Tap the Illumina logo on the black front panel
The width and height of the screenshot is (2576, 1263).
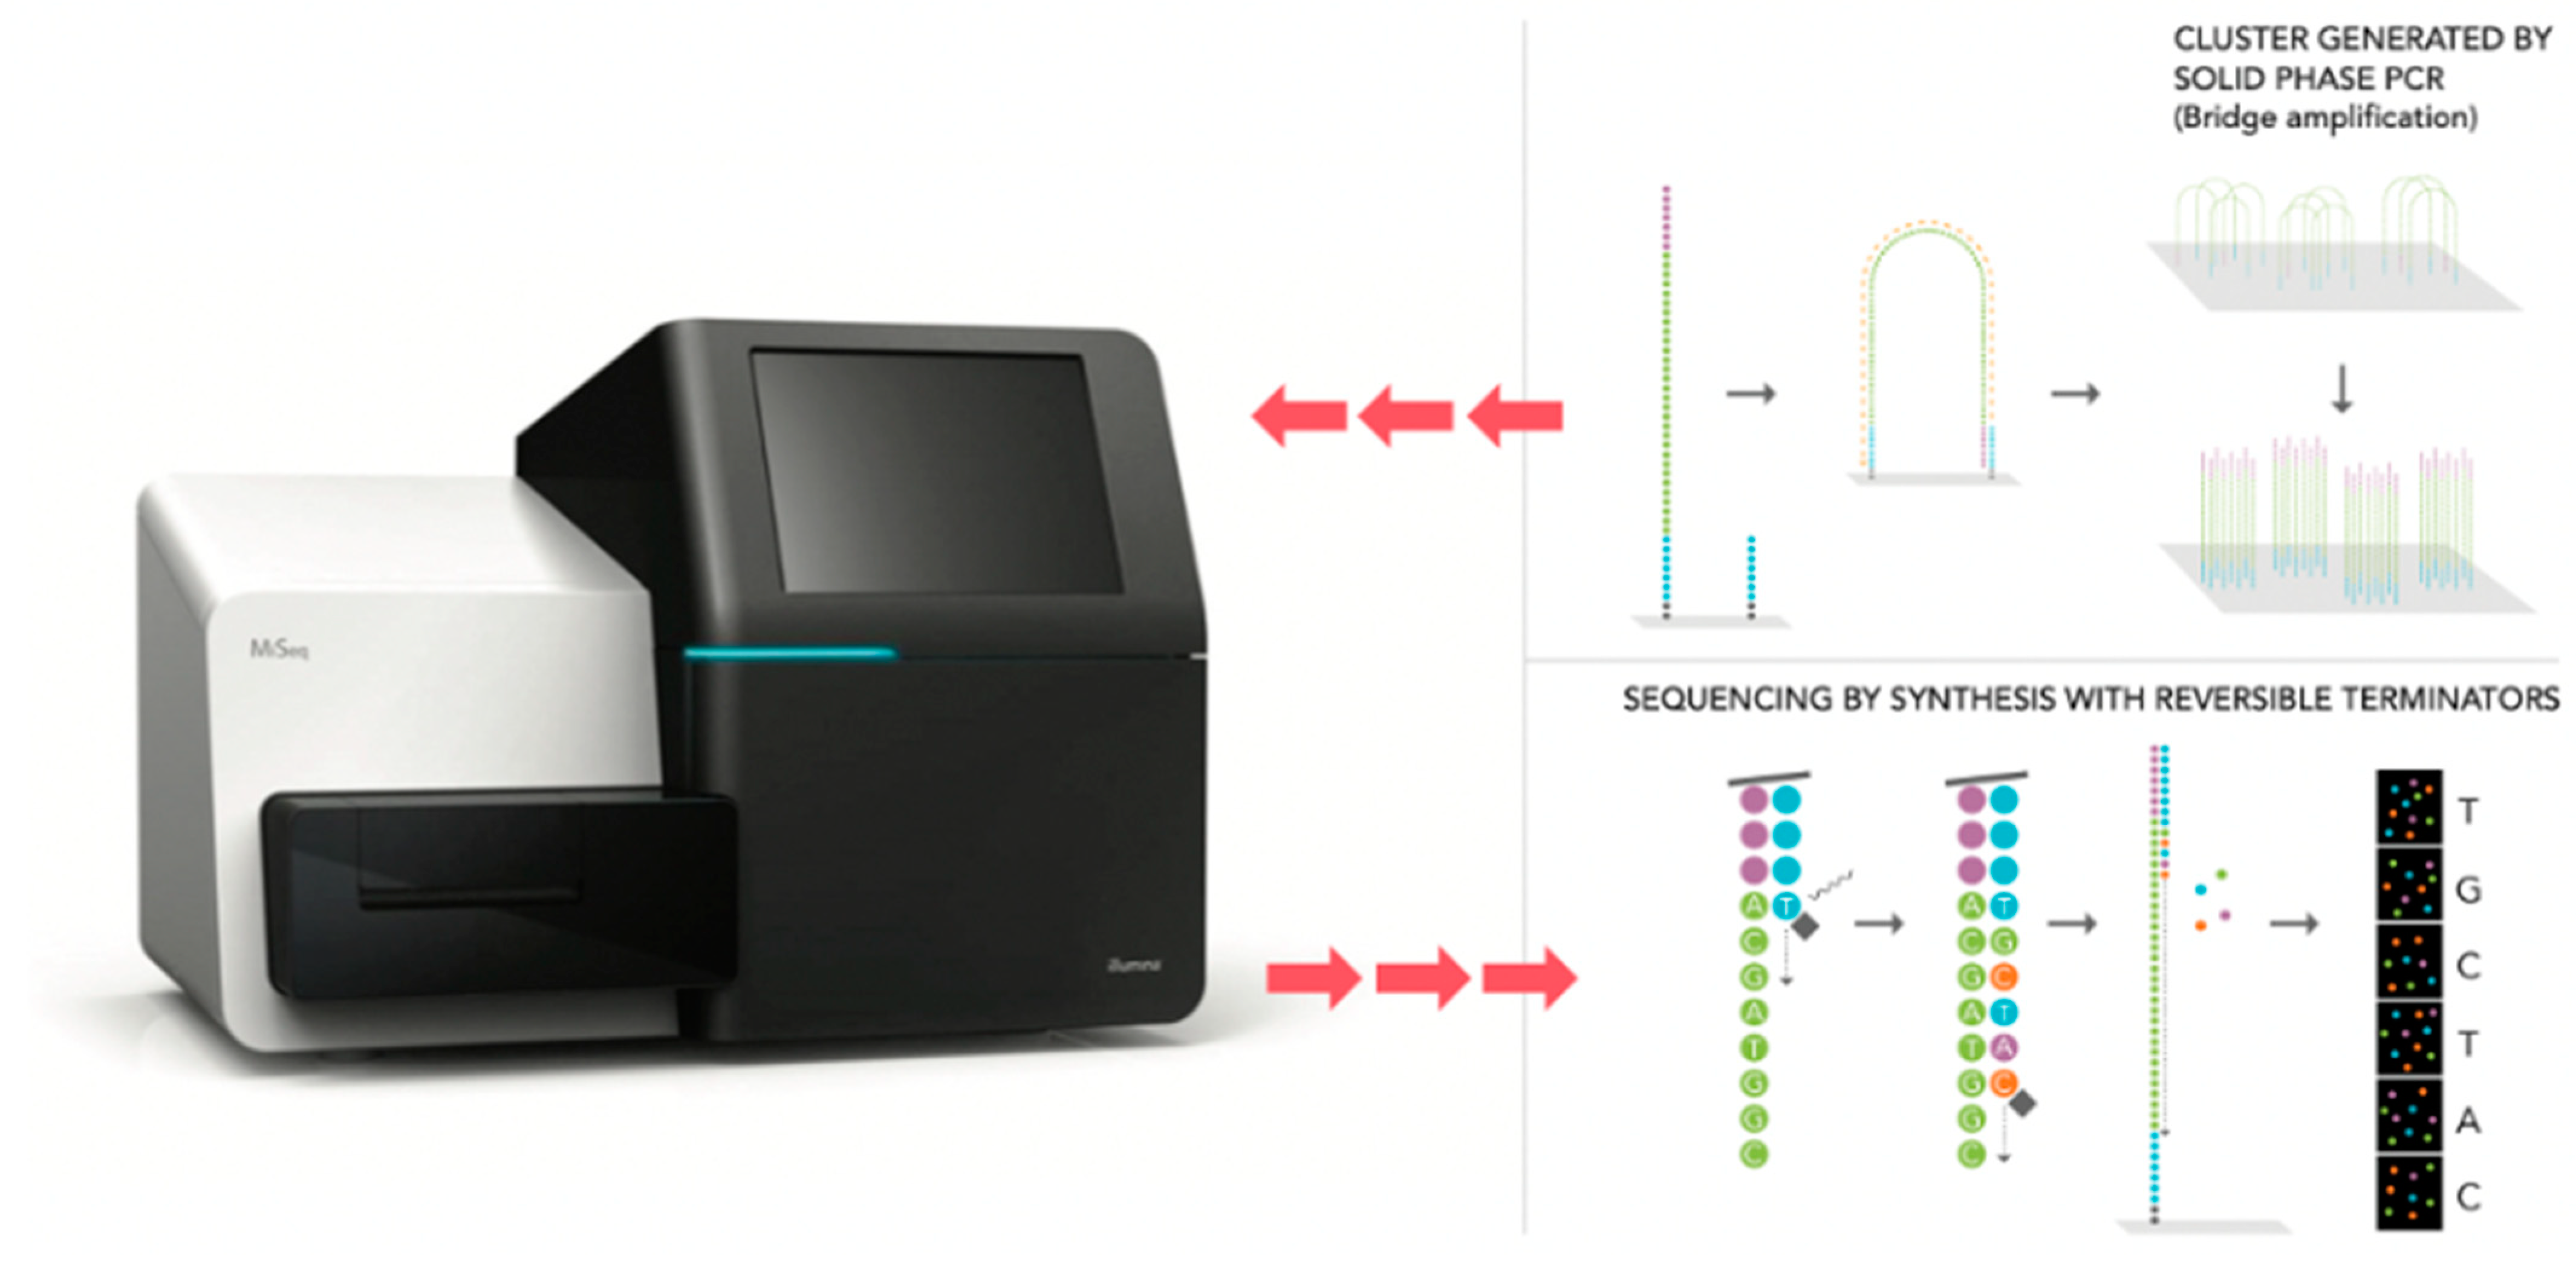click(x=1134, y=965)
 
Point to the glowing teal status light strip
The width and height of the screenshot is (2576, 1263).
click(x=789, y=654)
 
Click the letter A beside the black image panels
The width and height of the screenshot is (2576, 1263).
click(x=2468, y=1120)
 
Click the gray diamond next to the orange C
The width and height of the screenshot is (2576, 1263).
click(x=2022, y=1103)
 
